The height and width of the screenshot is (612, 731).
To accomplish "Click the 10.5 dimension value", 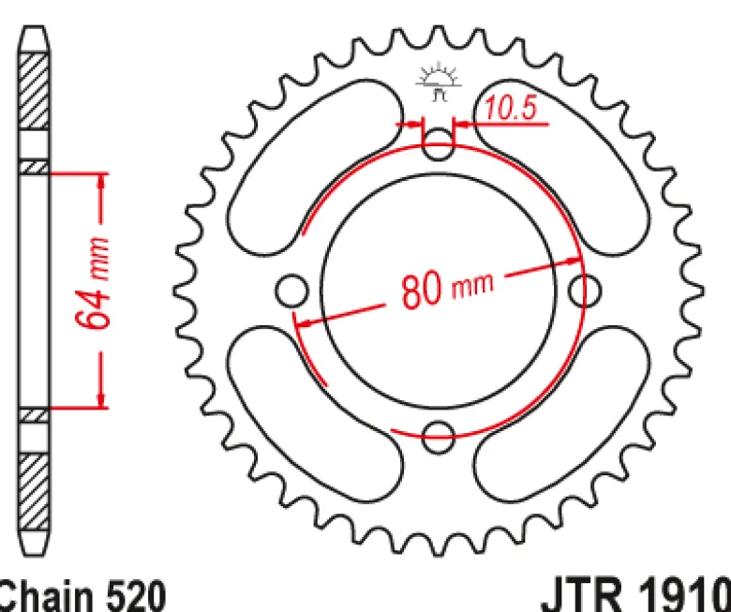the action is point(511,108).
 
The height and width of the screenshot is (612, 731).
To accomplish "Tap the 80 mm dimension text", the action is point(447,289).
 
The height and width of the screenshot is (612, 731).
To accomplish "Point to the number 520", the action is point(136,596).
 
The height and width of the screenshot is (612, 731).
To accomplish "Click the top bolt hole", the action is point(438,144).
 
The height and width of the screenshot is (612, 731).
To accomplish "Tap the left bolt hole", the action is point(291,291).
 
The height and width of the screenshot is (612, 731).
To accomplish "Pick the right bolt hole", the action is point(585,291).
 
